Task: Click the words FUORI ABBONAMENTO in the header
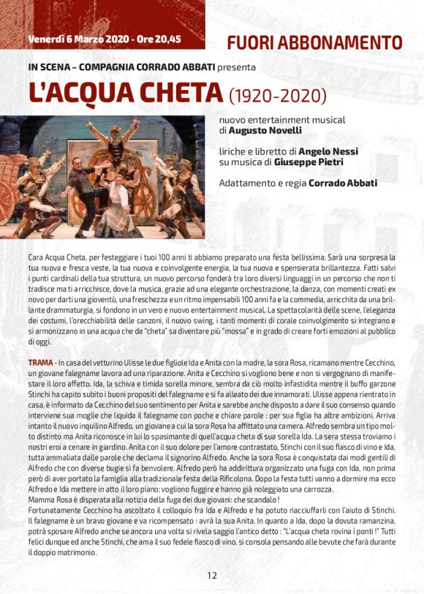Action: tap(314, 42)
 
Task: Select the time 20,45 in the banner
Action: tap(166, 39)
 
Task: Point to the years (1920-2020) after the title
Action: tap(277, 95)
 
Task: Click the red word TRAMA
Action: tap(40, 364)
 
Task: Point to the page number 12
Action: tap(211, 575)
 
